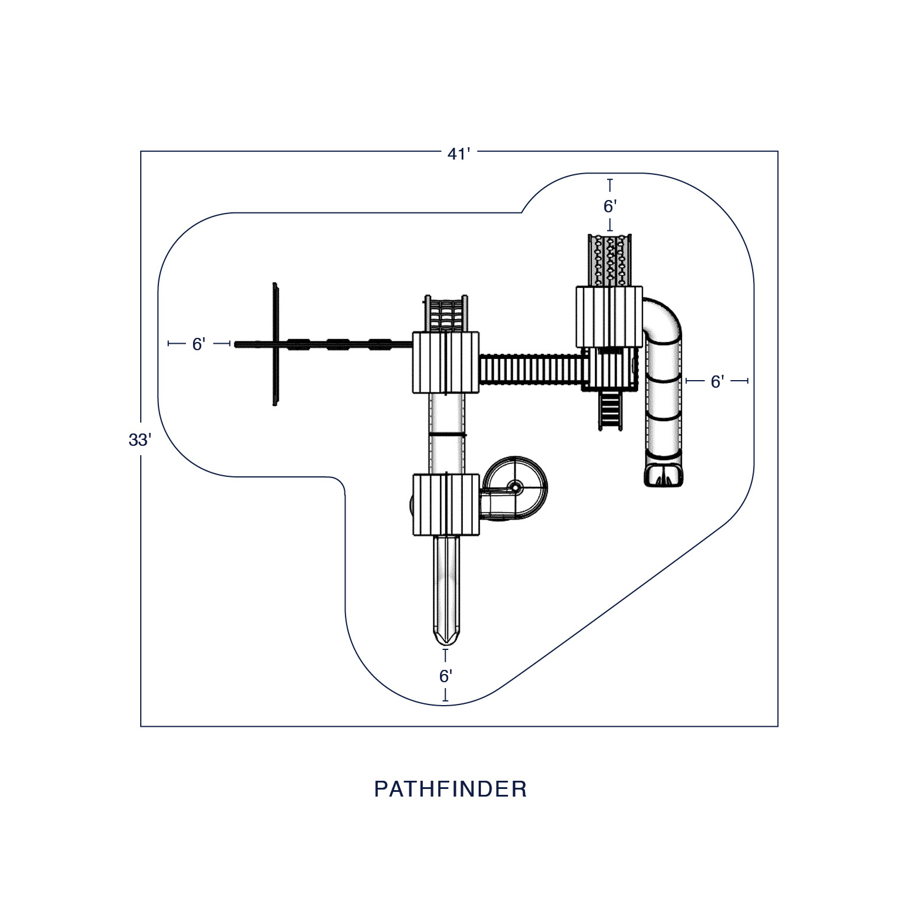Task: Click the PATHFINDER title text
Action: tap(450, 789)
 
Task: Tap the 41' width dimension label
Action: tap(459, 154)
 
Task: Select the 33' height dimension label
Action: tap(140, 439)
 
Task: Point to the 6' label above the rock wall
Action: tap(609, 206)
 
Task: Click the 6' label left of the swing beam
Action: tap(198, 344)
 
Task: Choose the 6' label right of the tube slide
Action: tap(717, 382)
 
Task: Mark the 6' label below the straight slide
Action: tap(446, 676)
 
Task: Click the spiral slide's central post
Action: tap(515, 486)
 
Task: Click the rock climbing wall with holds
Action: tap(610, 260)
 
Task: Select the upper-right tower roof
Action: tap(609, 317)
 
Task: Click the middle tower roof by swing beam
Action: tap(446, 362)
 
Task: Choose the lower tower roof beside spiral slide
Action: tap(446, 504)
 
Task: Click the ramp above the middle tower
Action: tap(446, 314)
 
